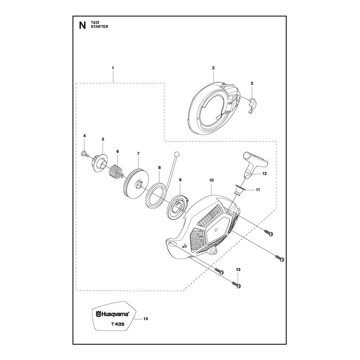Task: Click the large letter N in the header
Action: coord(82,25)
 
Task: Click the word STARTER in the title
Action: coord(99,27)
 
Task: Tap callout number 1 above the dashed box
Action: coord(113,68)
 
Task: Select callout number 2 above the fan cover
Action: coord(213,68)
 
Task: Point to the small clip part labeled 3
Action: coord(253,105)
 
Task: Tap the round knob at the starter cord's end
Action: coord(176,154)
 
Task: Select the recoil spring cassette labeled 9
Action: coord(178,207)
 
